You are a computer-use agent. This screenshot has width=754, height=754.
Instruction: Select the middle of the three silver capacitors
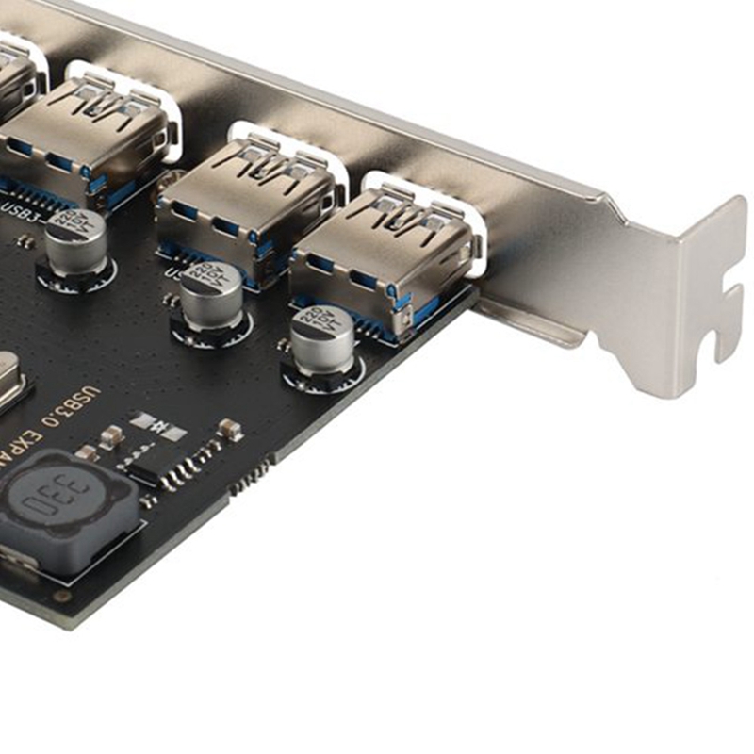212,294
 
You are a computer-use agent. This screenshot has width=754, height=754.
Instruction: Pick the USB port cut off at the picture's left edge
14,85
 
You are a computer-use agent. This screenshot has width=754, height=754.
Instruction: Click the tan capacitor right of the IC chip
229,430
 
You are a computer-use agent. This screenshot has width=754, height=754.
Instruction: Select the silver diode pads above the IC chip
158,425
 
